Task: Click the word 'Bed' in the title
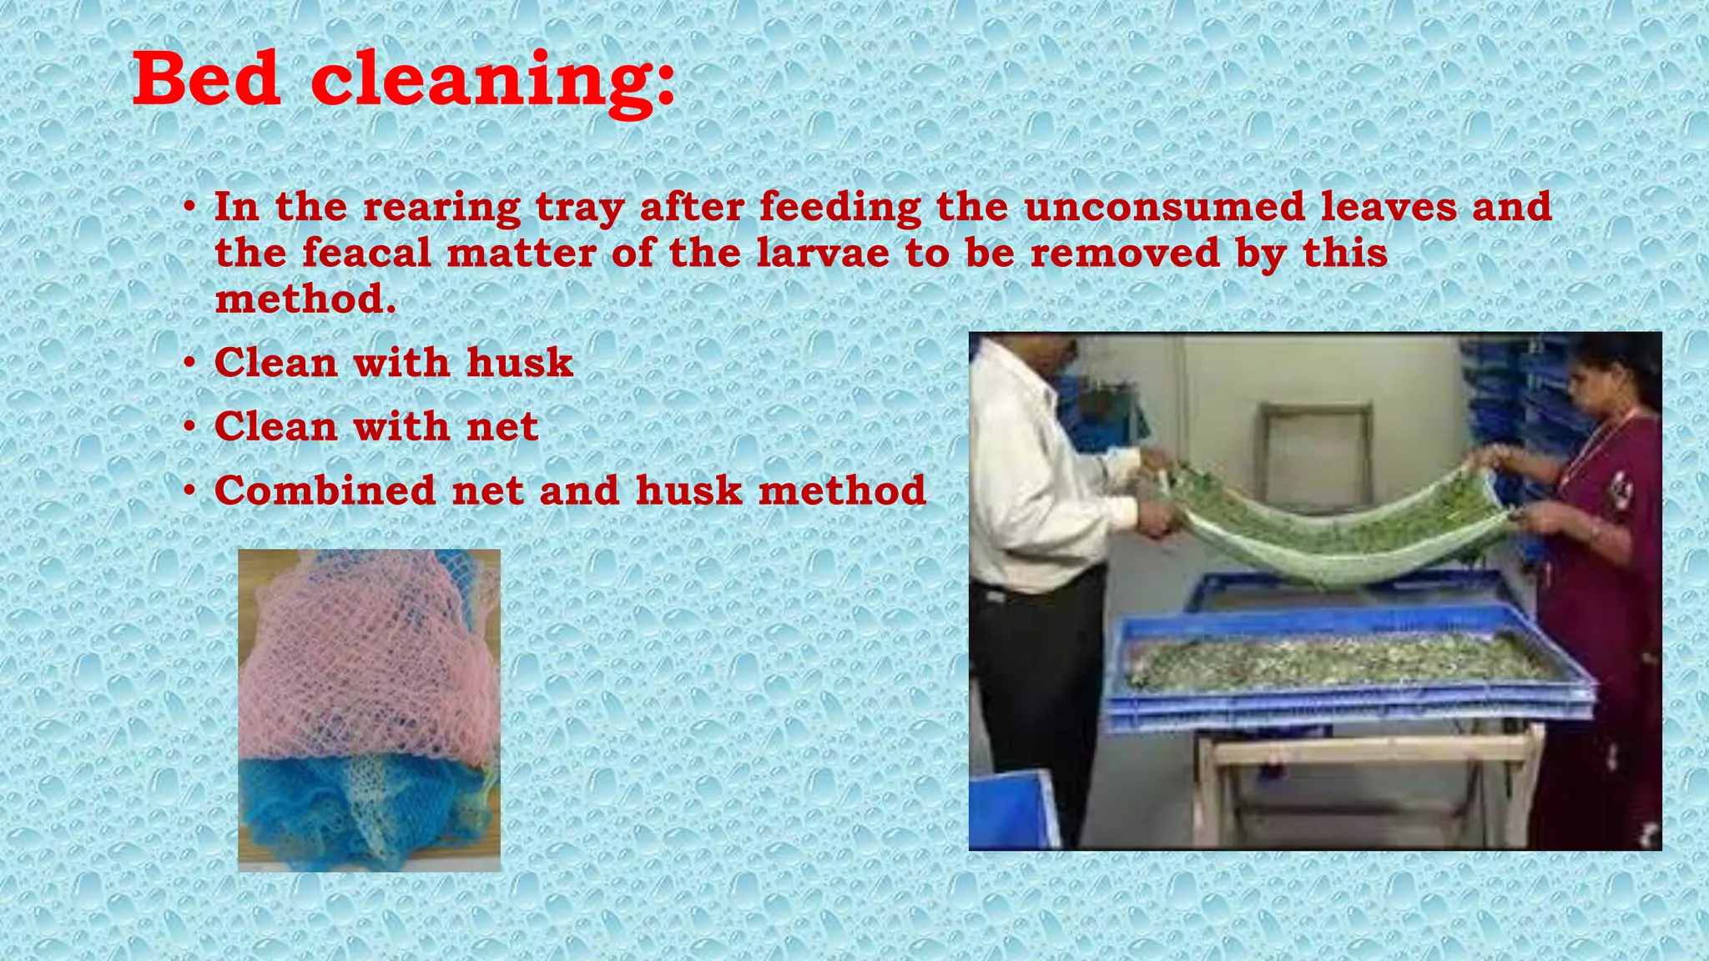[206, 80]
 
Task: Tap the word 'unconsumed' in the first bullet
[1164, 207]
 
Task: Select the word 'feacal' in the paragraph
[366, 253]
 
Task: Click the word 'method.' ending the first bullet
[305, 299]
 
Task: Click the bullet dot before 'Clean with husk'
[190, 364]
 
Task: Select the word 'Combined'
[325, 491]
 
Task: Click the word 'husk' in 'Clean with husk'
[520, 363]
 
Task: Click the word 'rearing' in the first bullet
[442, 207]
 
